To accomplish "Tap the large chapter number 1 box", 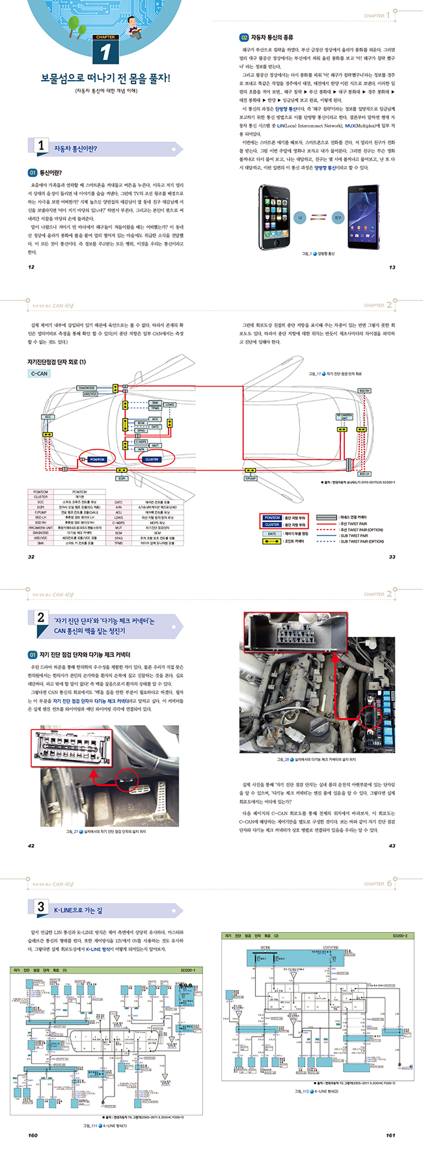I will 105,51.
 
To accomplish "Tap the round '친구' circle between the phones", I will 338,219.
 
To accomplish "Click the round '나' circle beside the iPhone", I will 301,219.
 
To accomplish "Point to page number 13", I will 392,267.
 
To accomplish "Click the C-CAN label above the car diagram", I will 40,374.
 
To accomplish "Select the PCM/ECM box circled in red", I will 97,459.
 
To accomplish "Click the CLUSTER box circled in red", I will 152,459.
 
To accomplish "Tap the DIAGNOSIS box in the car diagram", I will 87,388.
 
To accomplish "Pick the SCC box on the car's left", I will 48,417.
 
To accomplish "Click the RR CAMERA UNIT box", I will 344,416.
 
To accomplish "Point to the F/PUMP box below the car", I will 251,478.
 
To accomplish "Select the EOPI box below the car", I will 122,478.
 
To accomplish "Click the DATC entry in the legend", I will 272,534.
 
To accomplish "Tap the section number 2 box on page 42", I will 41,618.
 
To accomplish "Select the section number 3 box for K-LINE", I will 41,906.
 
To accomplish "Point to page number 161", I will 390,1135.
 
